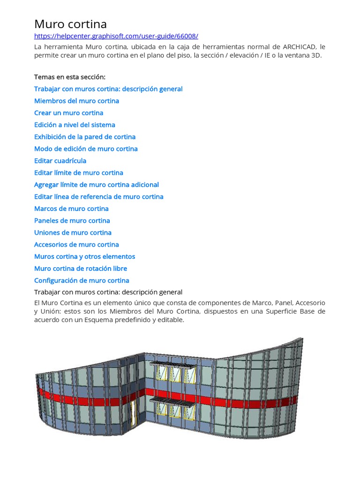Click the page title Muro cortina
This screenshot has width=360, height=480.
click(x=70, y=24)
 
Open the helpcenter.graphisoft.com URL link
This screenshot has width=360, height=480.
click(x=116, y=36)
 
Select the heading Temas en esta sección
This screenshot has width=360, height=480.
click(x=70, y=77)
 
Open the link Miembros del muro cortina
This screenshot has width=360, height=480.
click(x=76, y=101)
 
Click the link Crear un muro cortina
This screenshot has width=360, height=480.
click(x=68, y=113)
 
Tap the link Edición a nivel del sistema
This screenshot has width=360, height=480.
click(x=75, y=125)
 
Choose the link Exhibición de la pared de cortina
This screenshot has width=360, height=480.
click(x=85, y=137)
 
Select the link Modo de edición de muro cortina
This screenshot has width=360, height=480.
click(x=86, y=149)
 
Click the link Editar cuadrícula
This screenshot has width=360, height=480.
click(x=60, y=161)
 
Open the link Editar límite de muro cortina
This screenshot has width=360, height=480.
click(x=79, y=172)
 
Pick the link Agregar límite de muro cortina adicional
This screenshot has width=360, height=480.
click(x=97, y=185)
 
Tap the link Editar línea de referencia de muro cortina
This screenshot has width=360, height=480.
click(x=99, y=197)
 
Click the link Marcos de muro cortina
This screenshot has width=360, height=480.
click(x=71, y=209)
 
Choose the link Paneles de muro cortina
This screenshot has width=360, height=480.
click(x=72, y=221)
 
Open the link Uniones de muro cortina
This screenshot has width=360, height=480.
click(x=73, y=232)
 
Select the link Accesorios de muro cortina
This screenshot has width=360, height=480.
click(x=76, y=245)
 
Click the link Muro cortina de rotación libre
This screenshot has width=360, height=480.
click(x=81, y=269)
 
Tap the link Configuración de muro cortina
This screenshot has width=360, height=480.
click(x=82, y=281)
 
